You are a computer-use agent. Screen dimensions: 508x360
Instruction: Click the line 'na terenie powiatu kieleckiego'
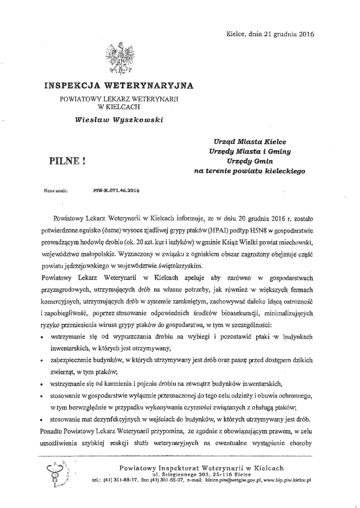(x=249, y=171)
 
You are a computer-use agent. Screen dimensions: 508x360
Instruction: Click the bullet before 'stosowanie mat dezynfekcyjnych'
(x=41, y=419)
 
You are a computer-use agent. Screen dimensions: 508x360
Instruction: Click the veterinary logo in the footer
(x=54, y=473)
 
